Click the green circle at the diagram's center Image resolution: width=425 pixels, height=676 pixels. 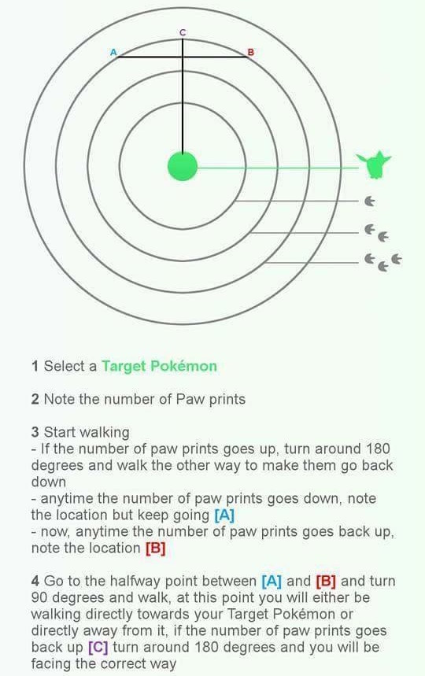click(x=183, y=166)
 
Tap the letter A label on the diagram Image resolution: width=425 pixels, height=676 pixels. click(x=113, y=52)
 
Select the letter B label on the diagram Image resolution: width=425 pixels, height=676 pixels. click(x=250, y=52)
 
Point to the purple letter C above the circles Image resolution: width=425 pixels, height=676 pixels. click(x=183, y=32)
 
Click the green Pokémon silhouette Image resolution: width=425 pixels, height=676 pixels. click(x=373, y=164)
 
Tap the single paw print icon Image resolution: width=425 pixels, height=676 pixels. click(x=369, y=201)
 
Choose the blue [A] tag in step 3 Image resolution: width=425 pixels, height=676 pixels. click(x=224, y=515)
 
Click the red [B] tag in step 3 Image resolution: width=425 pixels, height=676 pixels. click(x=156, y=548)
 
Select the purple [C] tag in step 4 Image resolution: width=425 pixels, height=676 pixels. click(x=98, y=648)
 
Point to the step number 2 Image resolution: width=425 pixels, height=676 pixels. click(x=35, y=399)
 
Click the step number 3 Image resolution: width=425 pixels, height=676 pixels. click(x=35, y=432)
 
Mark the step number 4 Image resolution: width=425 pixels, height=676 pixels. click(x=35, y=581)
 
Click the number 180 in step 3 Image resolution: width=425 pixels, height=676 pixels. click(x=378, y=449)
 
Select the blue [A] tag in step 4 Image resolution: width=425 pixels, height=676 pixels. click(x=272, y=581)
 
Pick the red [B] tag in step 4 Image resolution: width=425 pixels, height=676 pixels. click(x=326, y=581)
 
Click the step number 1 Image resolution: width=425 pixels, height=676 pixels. click(x=35, y=366)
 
